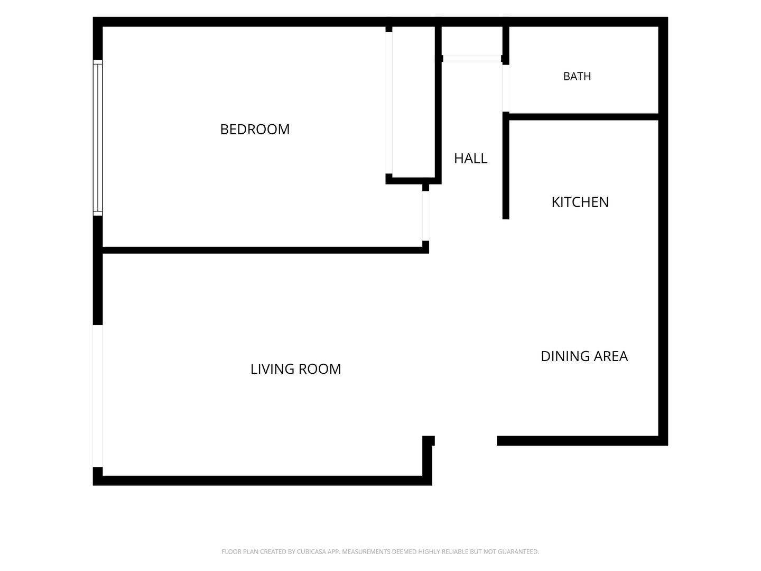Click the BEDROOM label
[255, 130]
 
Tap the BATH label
[577, 76]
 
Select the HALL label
[470, 159]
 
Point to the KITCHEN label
[580, 202]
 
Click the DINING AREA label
[584, 356]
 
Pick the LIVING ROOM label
[296, 369]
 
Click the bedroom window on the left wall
[98, 137]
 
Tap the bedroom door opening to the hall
[425, 216]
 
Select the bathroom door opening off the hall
[506, 88]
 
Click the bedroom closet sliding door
[389, 103]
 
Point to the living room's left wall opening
[98, 396]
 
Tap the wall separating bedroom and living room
[266, 250]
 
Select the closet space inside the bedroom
[414, 102]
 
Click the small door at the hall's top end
[472, 59]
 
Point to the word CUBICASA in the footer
[311, 551]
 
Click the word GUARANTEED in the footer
[518, 551]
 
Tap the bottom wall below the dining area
[582, 440]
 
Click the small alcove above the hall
[472, 41]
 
